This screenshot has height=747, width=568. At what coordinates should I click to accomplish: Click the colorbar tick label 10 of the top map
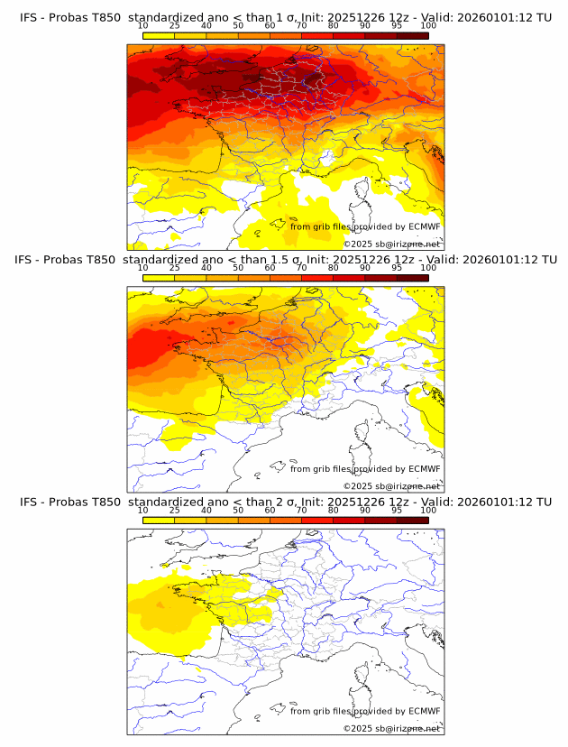pos(142,26)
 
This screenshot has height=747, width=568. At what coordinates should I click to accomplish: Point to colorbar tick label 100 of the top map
pos(428,26)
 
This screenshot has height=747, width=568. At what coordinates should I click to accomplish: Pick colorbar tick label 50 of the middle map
pos(238,268)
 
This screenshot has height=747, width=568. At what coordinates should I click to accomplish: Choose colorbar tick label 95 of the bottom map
pos(397,510)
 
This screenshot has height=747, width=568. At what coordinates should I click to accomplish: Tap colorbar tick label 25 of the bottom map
pos(174,510)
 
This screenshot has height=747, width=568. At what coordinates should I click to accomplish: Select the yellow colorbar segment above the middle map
pos(158,277)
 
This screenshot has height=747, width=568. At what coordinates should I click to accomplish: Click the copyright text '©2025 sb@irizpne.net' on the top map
pos(392,244)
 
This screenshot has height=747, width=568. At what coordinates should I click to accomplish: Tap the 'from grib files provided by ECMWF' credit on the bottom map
pos(365,711)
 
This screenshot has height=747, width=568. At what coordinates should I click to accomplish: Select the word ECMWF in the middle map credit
pos(424,469)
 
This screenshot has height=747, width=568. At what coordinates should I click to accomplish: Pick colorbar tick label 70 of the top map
pos(301,26)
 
